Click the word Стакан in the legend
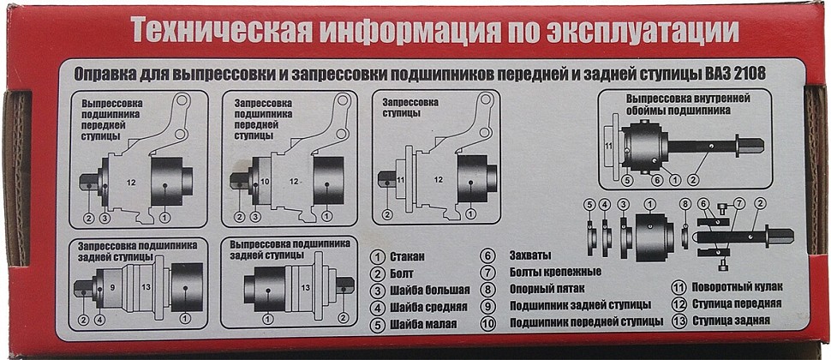[408, 258]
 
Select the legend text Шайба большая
[429, 290]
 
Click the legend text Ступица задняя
[731, 321]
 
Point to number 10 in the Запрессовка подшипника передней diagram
[266, 182]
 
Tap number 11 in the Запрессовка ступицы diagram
[401, 180]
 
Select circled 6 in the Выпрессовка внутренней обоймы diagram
[657, 180]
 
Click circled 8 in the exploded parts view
[685, 203]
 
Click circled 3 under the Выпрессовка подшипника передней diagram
[105, 218]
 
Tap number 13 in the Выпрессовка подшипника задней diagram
[305, 288]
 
